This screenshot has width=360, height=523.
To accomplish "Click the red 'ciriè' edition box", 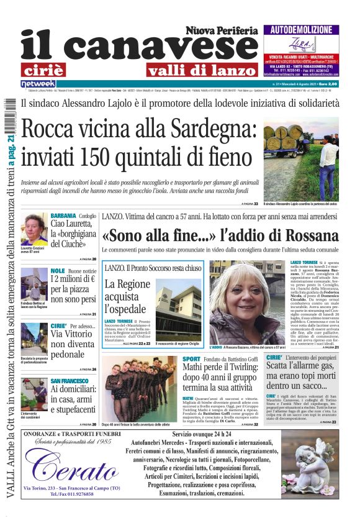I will pyautogui.click(x=52, y=69).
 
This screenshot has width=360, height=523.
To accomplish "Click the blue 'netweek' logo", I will pyautogui.click(x=38, y=84).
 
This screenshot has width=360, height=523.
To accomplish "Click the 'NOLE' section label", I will pyautogui.click(x=57, y=271).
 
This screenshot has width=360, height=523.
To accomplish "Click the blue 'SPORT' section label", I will pyautogui.click(x=192, y=360).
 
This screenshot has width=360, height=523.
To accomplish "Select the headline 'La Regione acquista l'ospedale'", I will pyautogui.click(x=127, y=295).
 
